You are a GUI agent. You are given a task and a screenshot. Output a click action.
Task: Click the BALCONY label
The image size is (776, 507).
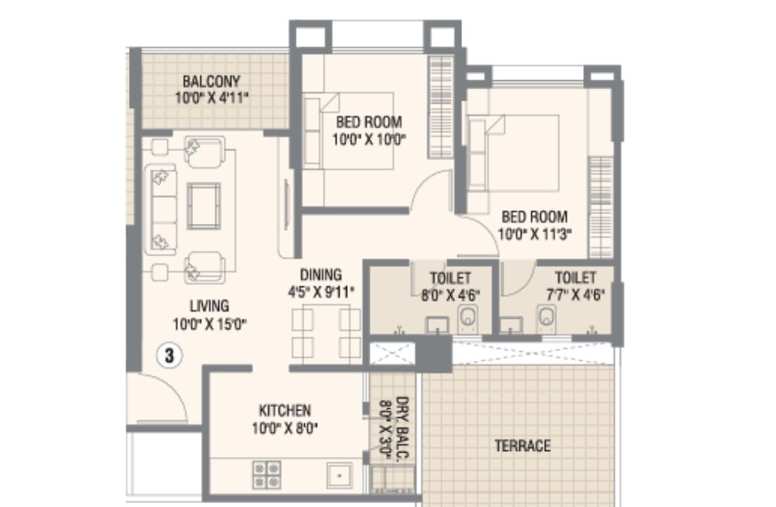pyautogui.click(x=212, y=80)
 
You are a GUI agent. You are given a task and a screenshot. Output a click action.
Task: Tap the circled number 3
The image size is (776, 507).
pyautogui.click(x=169, y=355)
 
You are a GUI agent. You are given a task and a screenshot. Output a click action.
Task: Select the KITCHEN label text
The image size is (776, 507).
pyautogui.click(x=285, y=410)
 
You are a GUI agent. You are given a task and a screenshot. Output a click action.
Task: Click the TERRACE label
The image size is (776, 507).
pyautogui.click(x=523, y=445)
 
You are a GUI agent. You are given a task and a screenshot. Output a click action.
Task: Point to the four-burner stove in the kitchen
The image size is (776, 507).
pyautogui.click(x=267, y=475)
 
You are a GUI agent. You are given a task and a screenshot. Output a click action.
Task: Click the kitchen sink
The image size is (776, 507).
pyautogui.click(x=340, y=475)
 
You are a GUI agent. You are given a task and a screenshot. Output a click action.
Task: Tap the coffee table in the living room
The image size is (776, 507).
pyautogui.click(x=204, y=206)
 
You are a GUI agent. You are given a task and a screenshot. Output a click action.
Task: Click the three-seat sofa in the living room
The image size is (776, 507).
pyautogui.click(x=161, y=209)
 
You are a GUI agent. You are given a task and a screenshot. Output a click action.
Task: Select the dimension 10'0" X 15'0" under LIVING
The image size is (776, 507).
pyautogui.click(x=210, y=324)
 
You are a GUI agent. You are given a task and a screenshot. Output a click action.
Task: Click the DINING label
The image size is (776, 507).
pyautogui.click(x=320, y=274)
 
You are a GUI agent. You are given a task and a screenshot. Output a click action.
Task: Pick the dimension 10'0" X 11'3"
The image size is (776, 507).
pyautogui.click(x=535, y=234)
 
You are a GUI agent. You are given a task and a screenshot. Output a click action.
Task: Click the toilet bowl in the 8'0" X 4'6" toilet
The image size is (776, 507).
pyautogui.click(x=468, y=318)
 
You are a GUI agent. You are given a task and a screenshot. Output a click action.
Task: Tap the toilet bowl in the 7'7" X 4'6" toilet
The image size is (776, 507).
pyautogui.click(x=547, y=318)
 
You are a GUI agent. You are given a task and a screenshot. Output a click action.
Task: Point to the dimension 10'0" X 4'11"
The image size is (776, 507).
pyautogui.click(x=212, y=97)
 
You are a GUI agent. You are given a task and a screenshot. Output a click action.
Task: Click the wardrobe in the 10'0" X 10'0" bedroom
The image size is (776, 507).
pyautogui.click(x=440, y=107)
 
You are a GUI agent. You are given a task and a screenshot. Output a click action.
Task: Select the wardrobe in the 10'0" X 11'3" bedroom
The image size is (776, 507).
pyautogui.click(x=601, y=208)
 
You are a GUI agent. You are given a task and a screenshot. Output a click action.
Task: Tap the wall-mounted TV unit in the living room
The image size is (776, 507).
pyautogui.click(x=286, y=204)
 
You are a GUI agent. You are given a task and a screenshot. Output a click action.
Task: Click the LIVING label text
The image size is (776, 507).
pyautogui.click(x=209, y=306)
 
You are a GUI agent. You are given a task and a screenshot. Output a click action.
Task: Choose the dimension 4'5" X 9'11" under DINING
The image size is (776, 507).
pyautogui.click(x=321, y=291)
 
